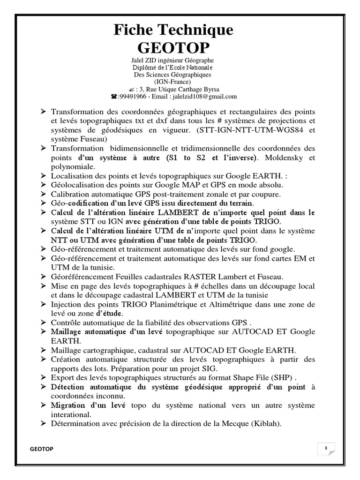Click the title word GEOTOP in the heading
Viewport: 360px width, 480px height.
[173, 47]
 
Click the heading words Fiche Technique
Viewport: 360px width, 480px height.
[173, 30]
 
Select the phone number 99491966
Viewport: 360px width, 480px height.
[132, 97]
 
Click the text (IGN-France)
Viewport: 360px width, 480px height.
[173, 82]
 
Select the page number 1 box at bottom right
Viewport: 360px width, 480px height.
[325, 449]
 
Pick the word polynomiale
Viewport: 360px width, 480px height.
[73, 166]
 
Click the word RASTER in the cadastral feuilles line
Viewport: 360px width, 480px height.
[188, 277]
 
